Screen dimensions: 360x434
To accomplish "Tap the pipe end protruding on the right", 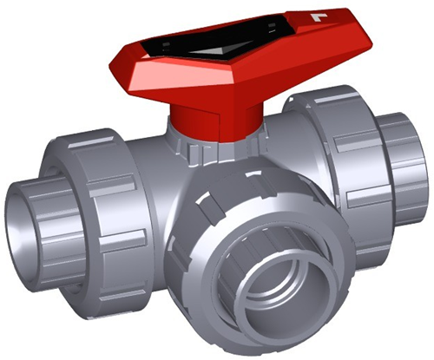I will [408, 165].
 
